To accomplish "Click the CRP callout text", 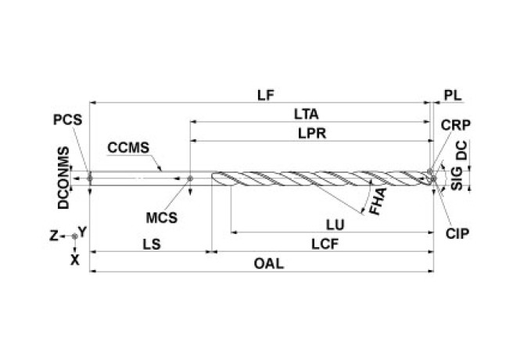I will [455, 125].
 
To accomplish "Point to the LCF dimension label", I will [324, 244].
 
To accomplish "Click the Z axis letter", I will [53, 235].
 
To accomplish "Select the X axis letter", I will [75, 257].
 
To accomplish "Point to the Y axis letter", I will [82, 232].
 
